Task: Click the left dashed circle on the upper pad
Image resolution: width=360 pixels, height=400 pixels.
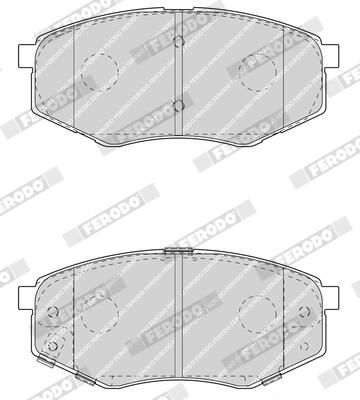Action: point(97,67)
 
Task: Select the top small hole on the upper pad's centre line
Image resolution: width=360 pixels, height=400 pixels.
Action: point(177,41)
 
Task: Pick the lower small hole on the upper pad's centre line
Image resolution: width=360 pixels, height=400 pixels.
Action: point(177,104)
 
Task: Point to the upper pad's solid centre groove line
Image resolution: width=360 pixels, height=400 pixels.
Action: point(177,75)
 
